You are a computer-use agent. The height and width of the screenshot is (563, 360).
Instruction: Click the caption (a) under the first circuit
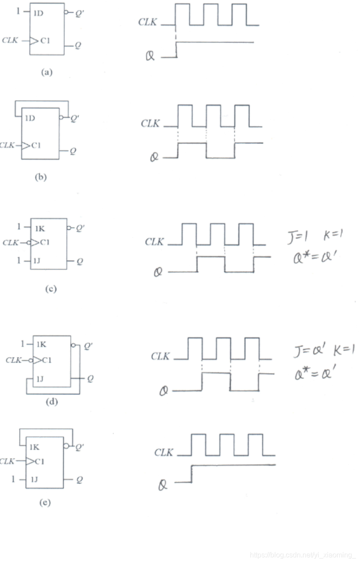point(46,72)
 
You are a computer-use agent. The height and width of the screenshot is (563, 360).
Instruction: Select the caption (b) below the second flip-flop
point(40,177)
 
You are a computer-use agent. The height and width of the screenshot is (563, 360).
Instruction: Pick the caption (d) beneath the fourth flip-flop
point(52,402)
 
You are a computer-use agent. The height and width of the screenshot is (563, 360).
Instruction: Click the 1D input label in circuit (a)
point(38,13)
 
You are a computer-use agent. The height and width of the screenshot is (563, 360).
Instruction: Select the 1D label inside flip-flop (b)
point(30,119)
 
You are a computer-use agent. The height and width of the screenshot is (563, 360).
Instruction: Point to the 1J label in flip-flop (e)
point(34,479)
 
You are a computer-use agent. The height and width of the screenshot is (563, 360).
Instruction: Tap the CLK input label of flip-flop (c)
point(11,243)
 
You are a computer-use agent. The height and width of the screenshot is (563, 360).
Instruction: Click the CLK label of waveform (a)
point(148,23)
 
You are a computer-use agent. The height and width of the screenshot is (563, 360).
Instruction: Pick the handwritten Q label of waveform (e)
point(164,485)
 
